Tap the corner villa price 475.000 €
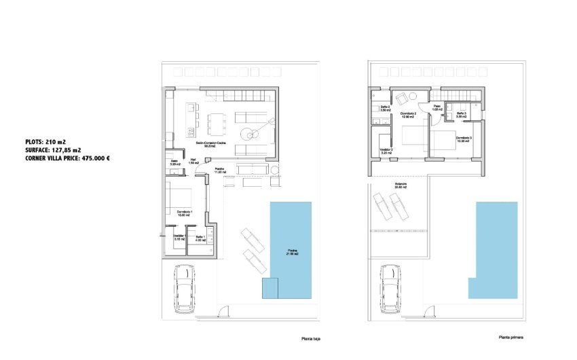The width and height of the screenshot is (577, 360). click(67, 158)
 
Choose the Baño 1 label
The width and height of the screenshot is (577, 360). click(200, 238)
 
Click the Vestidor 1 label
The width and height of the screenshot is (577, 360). click(180, 238)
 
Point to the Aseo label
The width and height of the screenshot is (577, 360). click(174, 162)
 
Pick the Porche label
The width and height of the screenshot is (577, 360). click(220, 170)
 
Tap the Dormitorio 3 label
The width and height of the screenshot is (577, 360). click(464, 140)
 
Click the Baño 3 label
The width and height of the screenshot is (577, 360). click(462, 115)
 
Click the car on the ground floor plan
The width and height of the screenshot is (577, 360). click(184, 289)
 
